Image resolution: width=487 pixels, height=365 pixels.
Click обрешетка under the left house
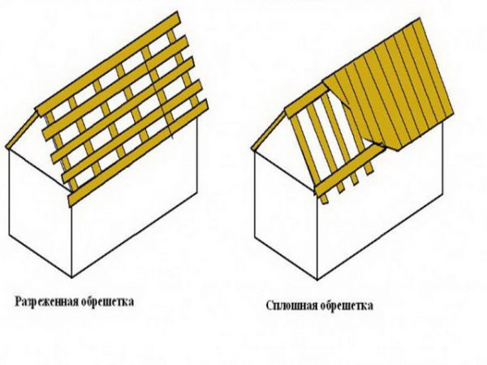(x=107, y=302)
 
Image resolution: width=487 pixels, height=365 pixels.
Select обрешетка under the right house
(x=347, y=306)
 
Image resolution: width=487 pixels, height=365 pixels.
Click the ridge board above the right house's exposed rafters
(x=307, y=102)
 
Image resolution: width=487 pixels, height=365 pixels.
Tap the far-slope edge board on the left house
(x=22, y=130)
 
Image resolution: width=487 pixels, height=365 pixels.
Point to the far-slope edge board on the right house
(x=269, y=131)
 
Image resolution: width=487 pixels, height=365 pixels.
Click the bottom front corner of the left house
(x=72, y=277)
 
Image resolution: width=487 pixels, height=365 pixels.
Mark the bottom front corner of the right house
(x=317, y=280)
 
